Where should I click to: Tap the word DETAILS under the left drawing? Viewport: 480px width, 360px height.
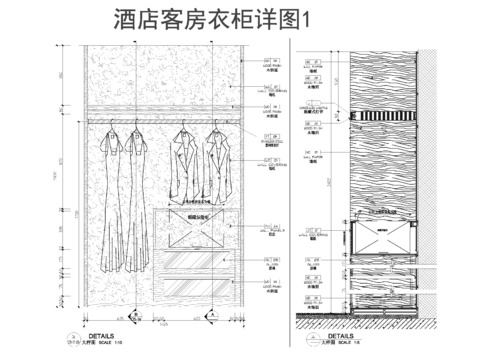[x=104, y=337]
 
